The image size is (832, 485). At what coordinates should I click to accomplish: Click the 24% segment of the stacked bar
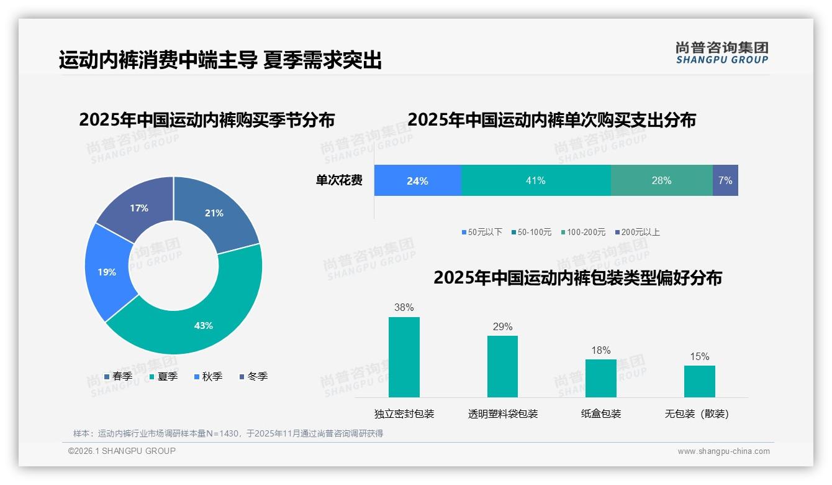(417, 181)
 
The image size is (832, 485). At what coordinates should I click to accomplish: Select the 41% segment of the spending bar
(535, 181)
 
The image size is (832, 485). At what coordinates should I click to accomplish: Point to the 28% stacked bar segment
(661, 181)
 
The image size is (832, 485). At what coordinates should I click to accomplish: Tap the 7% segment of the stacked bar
(725, 181)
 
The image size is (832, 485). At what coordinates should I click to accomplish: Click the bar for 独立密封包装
(404, 357)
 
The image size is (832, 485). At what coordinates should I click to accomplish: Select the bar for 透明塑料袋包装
(502, 366)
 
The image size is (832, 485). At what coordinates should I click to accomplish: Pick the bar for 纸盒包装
(601, 378)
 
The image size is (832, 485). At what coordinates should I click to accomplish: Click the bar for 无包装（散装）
(700, 381)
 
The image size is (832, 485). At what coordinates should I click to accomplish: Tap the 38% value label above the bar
(404, 308)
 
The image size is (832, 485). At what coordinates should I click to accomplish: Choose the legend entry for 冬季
(253, 377)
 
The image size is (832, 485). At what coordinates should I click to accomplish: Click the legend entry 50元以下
(482, 233)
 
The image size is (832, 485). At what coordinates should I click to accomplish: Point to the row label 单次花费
(339, 181)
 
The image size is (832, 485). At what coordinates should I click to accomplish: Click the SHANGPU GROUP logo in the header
(722, 53)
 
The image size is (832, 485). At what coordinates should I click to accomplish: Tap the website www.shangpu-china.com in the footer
(723, 451)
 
